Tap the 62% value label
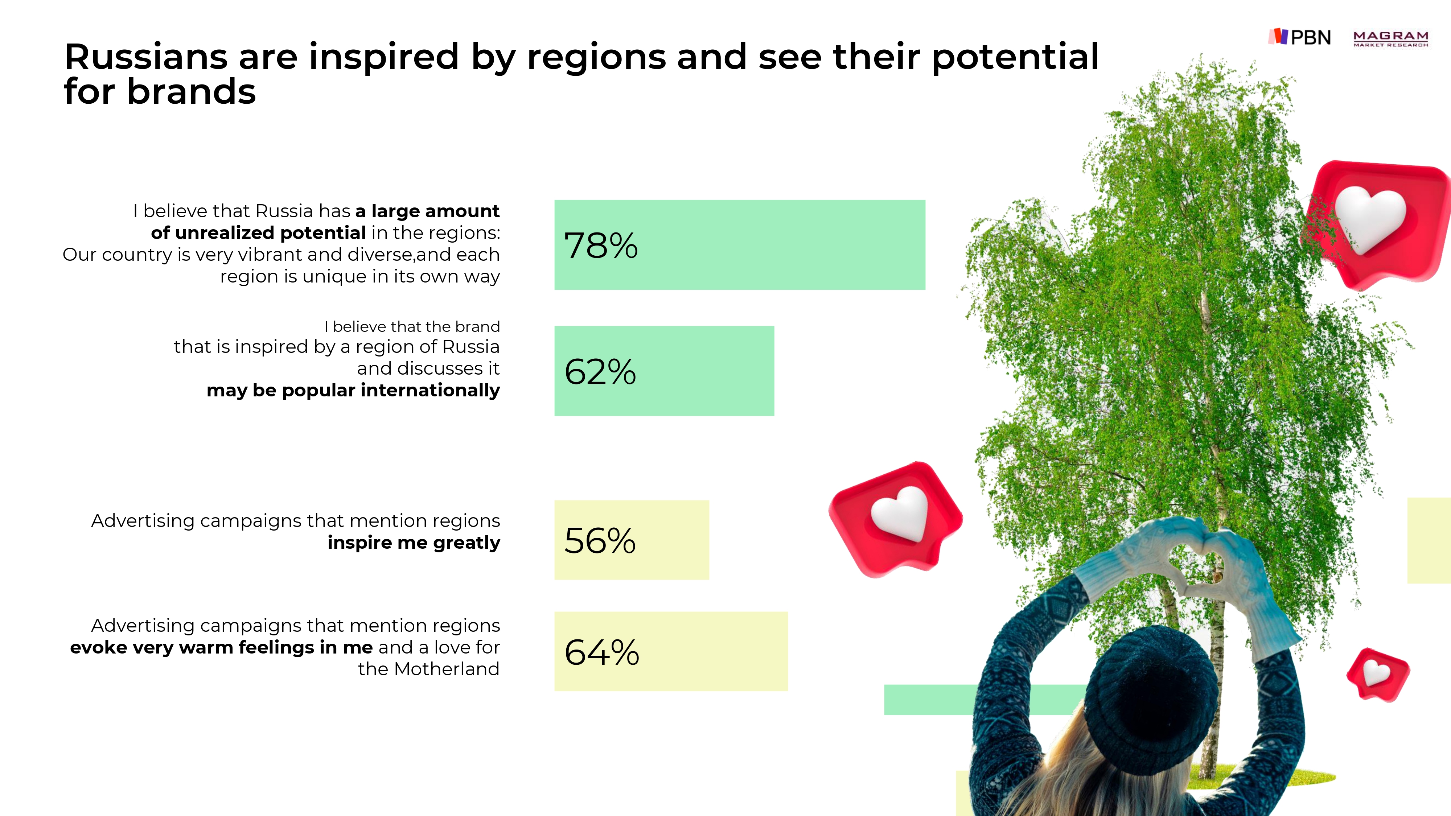[600, 372]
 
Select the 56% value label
[600, 541]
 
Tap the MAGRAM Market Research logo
[1391, 38]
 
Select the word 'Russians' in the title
[146, 57]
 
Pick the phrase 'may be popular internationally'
[353, 390]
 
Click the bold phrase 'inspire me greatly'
[414, 542]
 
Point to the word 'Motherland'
[447, 669]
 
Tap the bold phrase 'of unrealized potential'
[259, 232]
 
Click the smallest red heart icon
[1377, 674]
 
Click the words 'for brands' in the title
[160, 92]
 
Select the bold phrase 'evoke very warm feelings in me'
[221, 648]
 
